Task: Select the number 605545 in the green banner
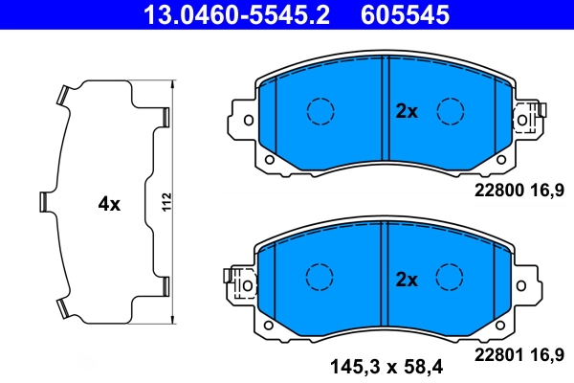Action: pyautogui.click(x=403, y=14)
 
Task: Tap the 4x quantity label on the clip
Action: pyautogui.click(x=109, y=204)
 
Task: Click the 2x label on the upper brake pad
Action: pyautogui.click(x=408, y=111)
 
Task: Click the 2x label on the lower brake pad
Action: pyautogui.click(x=408, y=280)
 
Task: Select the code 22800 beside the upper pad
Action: pyautogui.click(x=499, y=191)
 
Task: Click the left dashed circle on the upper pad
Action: pyautogui.click(x=318, y=111)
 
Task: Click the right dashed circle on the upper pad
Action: pyautogui.click(x=450, y=111)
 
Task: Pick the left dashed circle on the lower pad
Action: pyautogui.click(x=318, y=278)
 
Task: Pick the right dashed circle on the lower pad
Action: pyautogui.click(x=450, y=278)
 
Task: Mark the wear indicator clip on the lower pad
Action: pyautogui.click(x=239, y=284)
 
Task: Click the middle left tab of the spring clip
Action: pyautogui.click(x=45, y=201)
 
